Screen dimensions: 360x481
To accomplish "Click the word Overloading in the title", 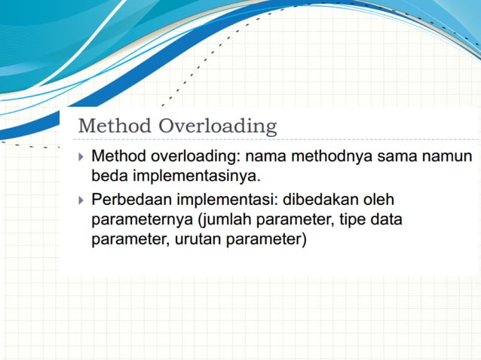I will (218, 126).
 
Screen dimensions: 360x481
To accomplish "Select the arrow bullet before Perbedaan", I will (81, 200).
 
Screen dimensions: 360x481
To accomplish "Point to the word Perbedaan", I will (130, 200).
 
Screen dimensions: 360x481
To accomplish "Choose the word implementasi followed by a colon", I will (227, 200).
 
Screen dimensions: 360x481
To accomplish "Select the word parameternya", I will (138, 221).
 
